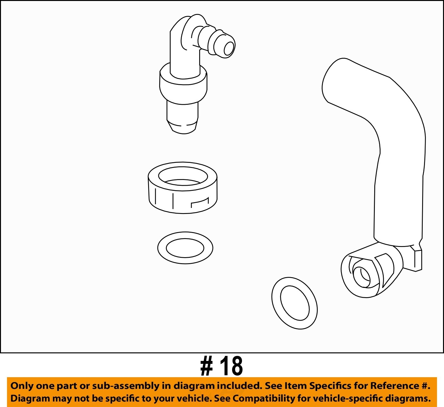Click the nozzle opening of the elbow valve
(x=229, y=49)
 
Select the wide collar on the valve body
(x=183, y=89)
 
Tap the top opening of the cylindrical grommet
(x=183, y=175)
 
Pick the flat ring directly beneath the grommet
(x=185, y=248)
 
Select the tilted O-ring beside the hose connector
(x=294, y=303)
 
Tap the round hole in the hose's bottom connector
(x=361, y=275)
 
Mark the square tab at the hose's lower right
(x=417, y=260)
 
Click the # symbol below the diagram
(x=206, y=366)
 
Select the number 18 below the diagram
(x=232, y=366)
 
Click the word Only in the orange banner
(x=22, y=386)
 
